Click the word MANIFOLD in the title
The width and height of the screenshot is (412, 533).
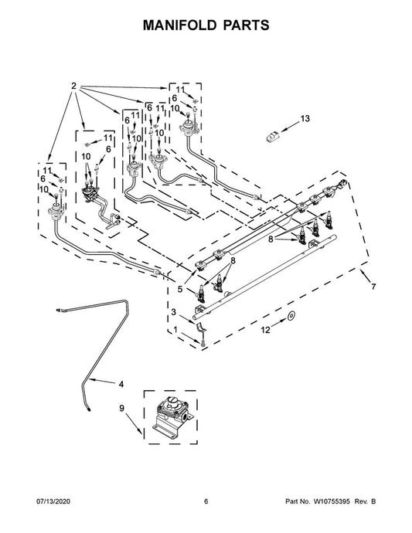[179, 25]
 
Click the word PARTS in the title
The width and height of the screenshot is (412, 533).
[246, 25]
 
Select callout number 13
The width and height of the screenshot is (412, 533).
[305, 119]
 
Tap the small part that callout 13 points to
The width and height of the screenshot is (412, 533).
[273, 136]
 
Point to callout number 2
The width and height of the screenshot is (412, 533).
[74, 87]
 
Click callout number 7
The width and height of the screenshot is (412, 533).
[373, 287]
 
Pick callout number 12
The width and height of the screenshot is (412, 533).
[265, 330]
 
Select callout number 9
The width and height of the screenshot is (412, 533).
[122, 409]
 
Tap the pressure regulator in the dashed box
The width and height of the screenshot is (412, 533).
[172, 416]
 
